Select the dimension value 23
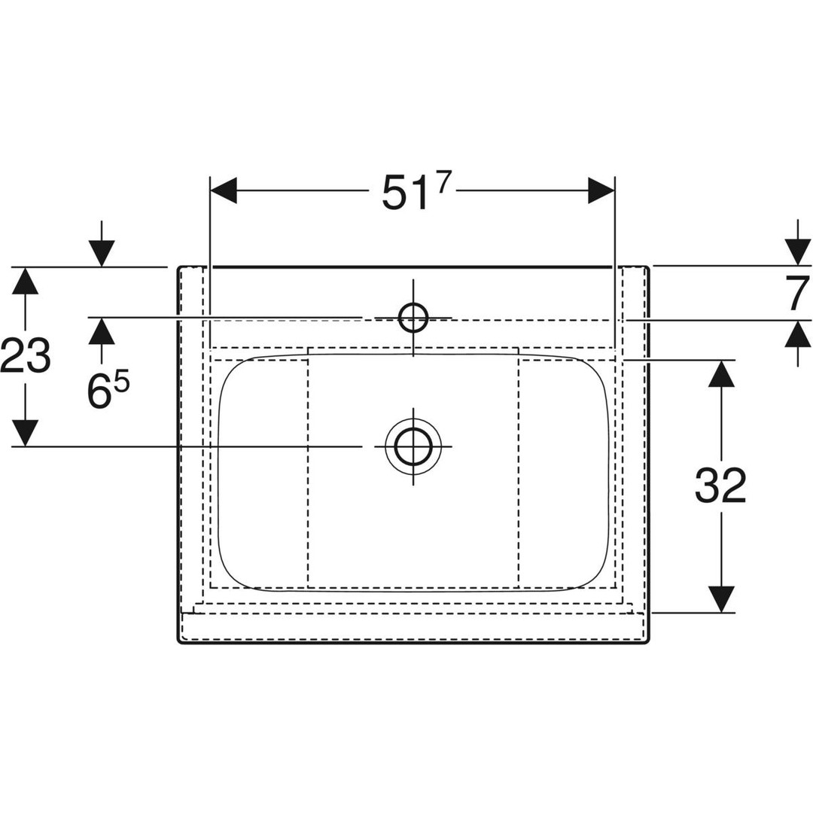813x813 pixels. pos(26,355)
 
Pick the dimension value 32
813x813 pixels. pos(720,485)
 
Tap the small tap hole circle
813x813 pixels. pos(413,318)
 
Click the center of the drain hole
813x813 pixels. pos(413,446)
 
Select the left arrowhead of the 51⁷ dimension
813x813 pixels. pos(223,190)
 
